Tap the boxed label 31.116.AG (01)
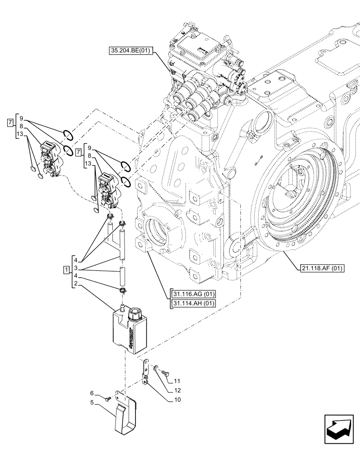pyautogui.click(x=193, y=293)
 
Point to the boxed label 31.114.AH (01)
pyautogui.click(x=193, y=303)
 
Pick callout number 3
pyautogui.click(x=75, y=268)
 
